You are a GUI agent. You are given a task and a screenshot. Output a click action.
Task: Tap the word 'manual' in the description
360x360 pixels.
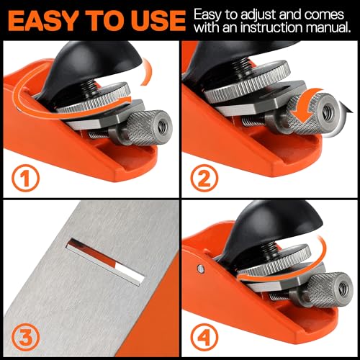tap(327, 29)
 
